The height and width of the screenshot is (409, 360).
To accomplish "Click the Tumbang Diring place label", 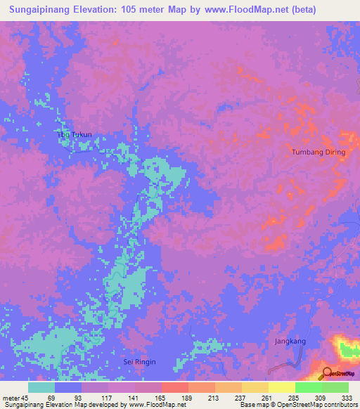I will pos(319,152).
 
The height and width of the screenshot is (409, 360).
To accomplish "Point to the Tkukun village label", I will pos(75,134).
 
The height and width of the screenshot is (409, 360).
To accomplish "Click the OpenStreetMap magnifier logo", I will pos(327,372).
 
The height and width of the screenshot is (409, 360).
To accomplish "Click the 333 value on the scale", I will pos(347,397).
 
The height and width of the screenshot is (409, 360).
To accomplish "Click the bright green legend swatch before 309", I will pos(308,387).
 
